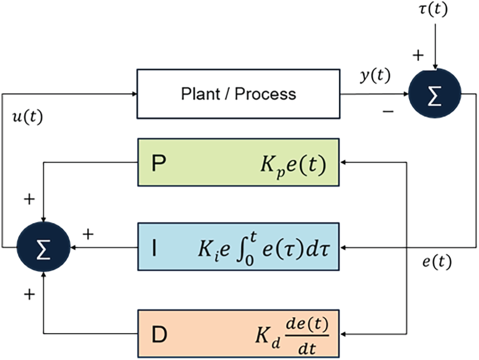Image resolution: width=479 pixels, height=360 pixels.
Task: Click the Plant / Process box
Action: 238,94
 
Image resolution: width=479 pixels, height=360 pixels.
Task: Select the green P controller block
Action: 238,162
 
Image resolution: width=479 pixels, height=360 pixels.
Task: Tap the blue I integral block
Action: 238,247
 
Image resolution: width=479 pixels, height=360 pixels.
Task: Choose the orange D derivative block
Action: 238,334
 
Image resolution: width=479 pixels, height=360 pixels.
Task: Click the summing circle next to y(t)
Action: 435,94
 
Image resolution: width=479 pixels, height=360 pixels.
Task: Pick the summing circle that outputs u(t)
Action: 43,247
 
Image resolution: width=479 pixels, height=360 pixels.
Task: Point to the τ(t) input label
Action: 433,10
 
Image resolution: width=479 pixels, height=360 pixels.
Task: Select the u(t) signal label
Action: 27,117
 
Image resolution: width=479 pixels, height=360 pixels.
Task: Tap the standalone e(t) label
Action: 437,262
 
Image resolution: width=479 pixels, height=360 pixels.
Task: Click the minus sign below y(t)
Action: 388,112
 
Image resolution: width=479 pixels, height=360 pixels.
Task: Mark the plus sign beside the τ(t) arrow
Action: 418,56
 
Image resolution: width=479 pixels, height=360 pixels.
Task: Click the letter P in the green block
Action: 159,163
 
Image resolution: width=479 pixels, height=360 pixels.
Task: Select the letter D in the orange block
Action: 159,335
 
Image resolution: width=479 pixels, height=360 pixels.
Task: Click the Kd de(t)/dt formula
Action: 292,335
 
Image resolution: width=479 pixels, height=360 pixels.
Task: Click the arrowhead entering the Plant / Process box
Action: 134,94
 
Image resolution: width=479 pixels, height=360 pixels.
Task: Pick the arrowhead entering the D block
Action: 343,334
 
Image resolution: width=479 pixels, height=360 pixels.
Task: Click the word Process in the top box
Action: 265,94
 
